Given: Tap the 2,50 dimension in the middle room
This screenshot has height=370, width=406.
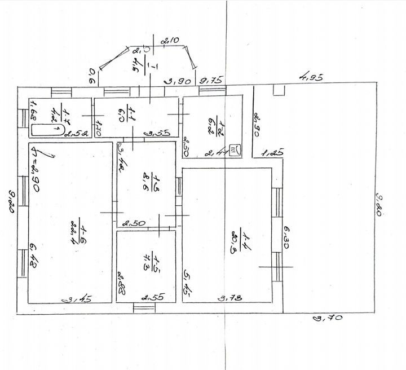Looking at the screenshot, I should (x=135, y=223).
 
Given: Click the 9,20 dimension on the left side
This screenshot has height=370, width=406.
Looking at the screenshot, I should (x=11, y=201).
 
